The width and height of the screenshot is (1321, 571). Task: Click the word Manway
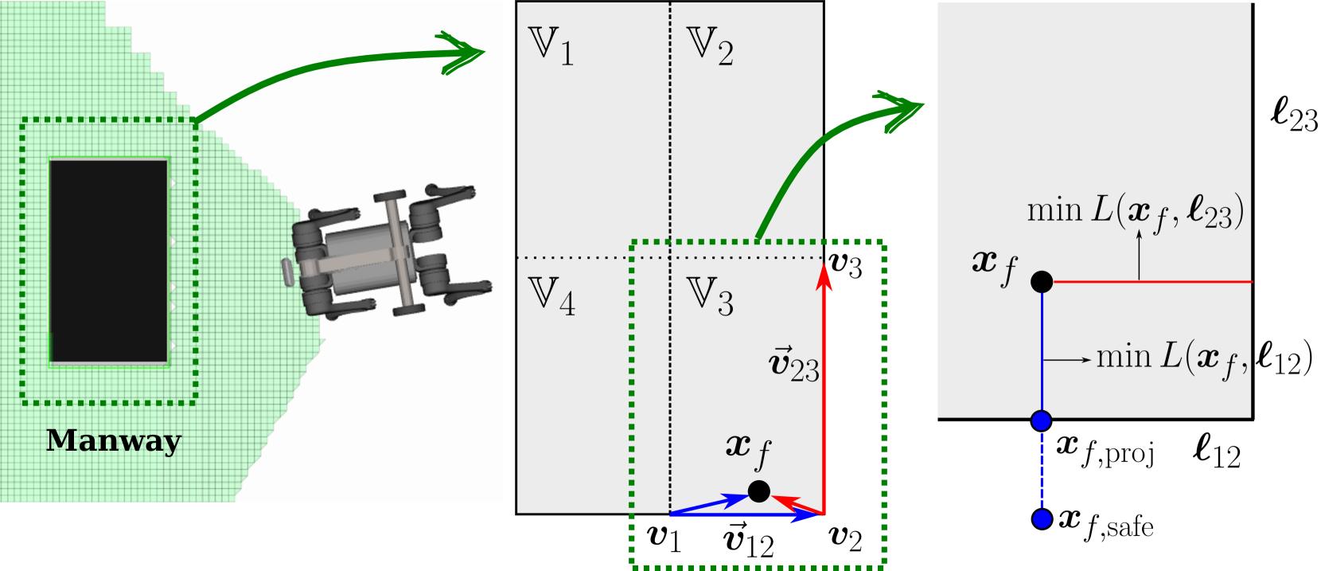tap(114, 440)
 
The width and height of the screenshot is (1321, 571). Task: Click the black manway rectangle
tap(109, 260)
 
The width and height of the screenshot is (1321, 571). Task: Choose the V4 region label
tap(551, 296)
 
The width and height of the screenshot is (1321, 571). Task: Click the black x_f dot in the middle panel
tap(759, 491)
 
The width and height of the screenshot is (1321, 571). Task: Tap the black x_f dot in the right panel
tap(1042, 281)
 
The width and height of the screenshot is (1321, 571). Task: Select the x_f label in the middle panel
tap(748, 450)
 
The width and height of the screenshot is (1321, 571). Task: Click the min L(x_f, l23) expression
tap(1135, 211)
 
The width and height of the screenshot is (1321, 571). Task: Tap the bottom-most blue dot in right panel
tap(1042, 519)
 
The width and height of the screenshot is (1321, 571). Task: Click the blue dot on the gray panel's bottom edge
tap(1042, 420)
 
